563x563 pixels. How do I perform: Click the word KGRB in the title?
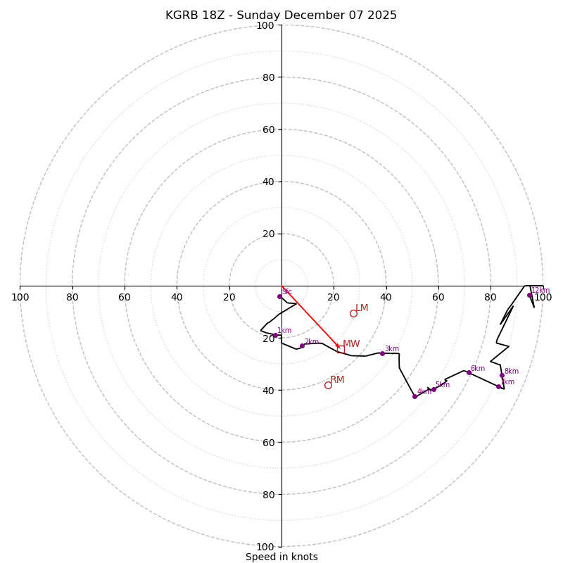click(x=182, y=15)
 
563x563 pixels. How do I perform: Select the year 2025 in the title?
click(x=381, y=15)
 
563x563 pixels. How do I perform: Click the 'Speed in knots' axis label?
click(x=281, y=557)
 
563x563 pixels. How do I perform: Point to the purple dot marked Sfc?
click(x=279, y=296)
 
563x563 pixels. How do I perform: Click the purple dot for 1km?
click(x=275, y=335)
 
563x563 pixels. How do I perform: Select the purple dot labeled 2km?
click(x=302, y=346)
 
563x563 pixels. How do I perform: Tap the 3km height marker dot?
click(x=382, y=353)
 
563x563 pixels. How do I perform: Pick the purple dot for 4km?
click(x=415, y=396)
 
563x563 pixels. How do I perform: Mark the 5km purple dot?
click(x=434, y=389)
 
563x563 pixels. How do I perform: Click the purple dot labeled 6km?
click(x=469, y=372)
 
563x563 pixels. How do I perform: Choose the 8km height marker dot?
click(x=502, y=375)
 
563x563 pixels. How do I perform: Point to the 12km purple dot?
click(x=529, y=295)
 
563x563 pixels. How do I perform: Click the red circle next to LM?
click(x=353, y=313)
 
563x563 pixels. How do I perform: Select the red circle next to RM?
click(x=328, y=385)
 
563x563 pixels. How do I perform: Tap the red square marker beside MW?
click(x=340, y=348)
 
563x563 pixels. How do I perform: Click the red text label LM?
click(x=362, y=308)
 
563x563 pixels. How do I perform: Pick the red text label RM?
click(x=337, y=380)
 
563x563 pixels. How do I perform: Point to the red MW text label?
click(x=351, y=344)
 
